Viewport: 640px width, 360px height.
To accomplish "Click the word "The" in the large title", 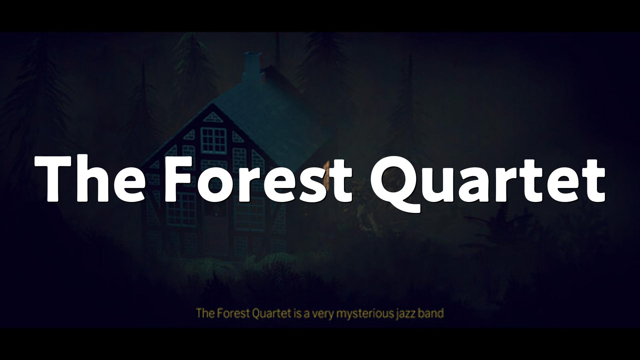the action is (90, 179).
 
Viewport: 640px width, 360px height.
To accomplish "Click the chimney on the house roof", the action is (252, 65).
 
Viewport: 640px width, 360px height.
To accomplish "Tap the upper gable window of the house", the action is (213, 139).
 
